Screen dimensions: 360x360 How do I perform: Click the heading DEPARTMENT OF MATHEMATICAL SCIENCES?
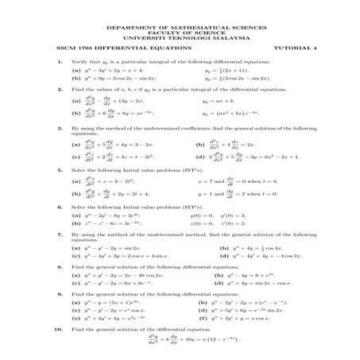pos(180,26)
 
